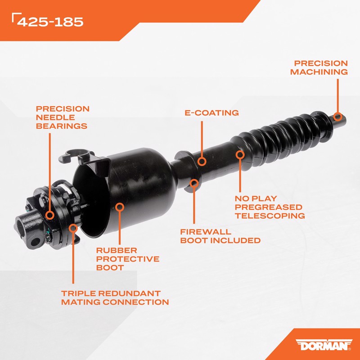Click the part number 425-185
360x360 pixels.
50,22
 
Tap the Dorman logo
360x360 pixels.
324,345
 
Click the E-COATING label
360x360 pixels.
211,113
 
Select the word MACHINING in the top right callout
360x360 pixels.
319,72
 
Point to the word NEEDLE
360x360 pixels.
55,117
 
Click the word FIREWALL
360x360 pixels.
206,232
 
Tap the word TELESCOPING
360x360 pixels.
270,216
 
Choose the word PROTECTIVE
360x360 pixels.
128,259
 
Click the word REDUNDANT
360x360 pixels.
129,293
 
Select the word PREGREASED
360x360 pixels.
268,207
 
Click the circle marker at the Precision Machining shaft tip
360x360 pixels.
337,117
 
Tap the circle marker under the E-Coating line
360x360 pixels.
202,162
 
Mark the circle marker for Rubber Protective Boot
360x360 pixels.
120,207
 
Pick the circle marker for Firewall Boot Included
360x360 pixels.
194,183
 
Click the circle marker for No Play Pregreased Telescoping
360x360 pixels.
240,155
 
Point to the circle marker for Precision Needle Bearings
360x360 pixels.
49,215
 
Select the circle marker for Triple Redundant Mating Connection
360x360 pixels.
73,228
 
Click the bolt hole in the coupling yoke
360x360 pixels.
36,242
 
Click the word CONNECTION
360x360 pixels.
136,302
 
